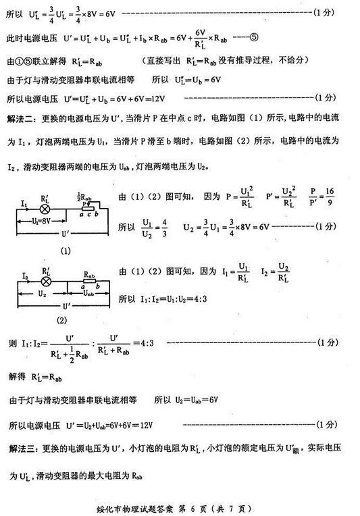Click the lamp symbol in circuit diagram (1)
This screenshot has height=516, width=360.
45,209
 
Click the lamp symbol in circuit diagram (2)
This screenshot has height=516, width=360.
45,281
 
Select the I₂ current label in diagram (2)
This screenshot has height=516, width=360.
24,274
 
